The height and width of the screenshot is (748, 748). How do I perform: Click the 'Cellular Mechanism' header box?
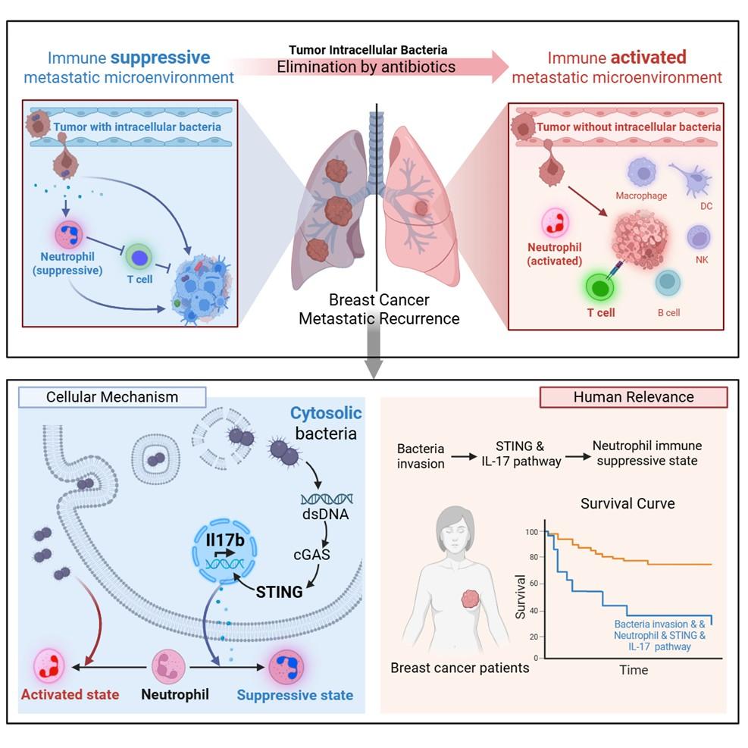(112, 397)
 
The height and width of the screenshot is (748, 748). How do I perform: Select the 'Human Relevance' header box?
(633, 397)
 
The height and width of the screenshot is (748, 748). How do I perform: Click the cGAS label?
(312, 555)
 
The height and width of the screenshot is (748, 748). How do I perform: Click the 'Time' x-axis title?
(633, 670)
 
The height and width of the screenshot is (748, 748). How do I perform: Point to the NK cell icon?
(699, 237)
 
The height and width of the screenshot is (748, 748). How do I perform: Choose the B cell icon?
(668, 282)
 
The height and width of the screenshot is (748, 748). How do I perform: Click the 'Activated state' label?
(70, 694)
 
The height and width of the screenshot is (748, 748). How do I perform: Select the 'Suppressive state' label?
(295, 694)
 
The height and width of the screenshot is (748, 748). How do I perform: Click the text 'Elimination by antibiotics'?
(366, 67)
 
